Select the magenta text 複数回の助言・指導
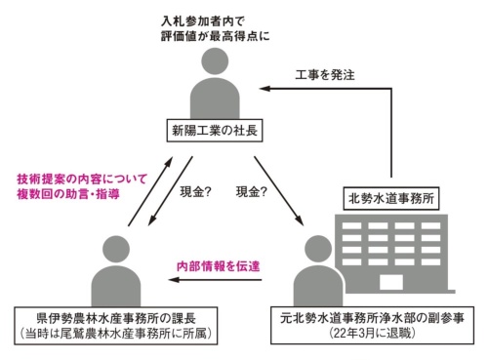coord(68,194)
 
